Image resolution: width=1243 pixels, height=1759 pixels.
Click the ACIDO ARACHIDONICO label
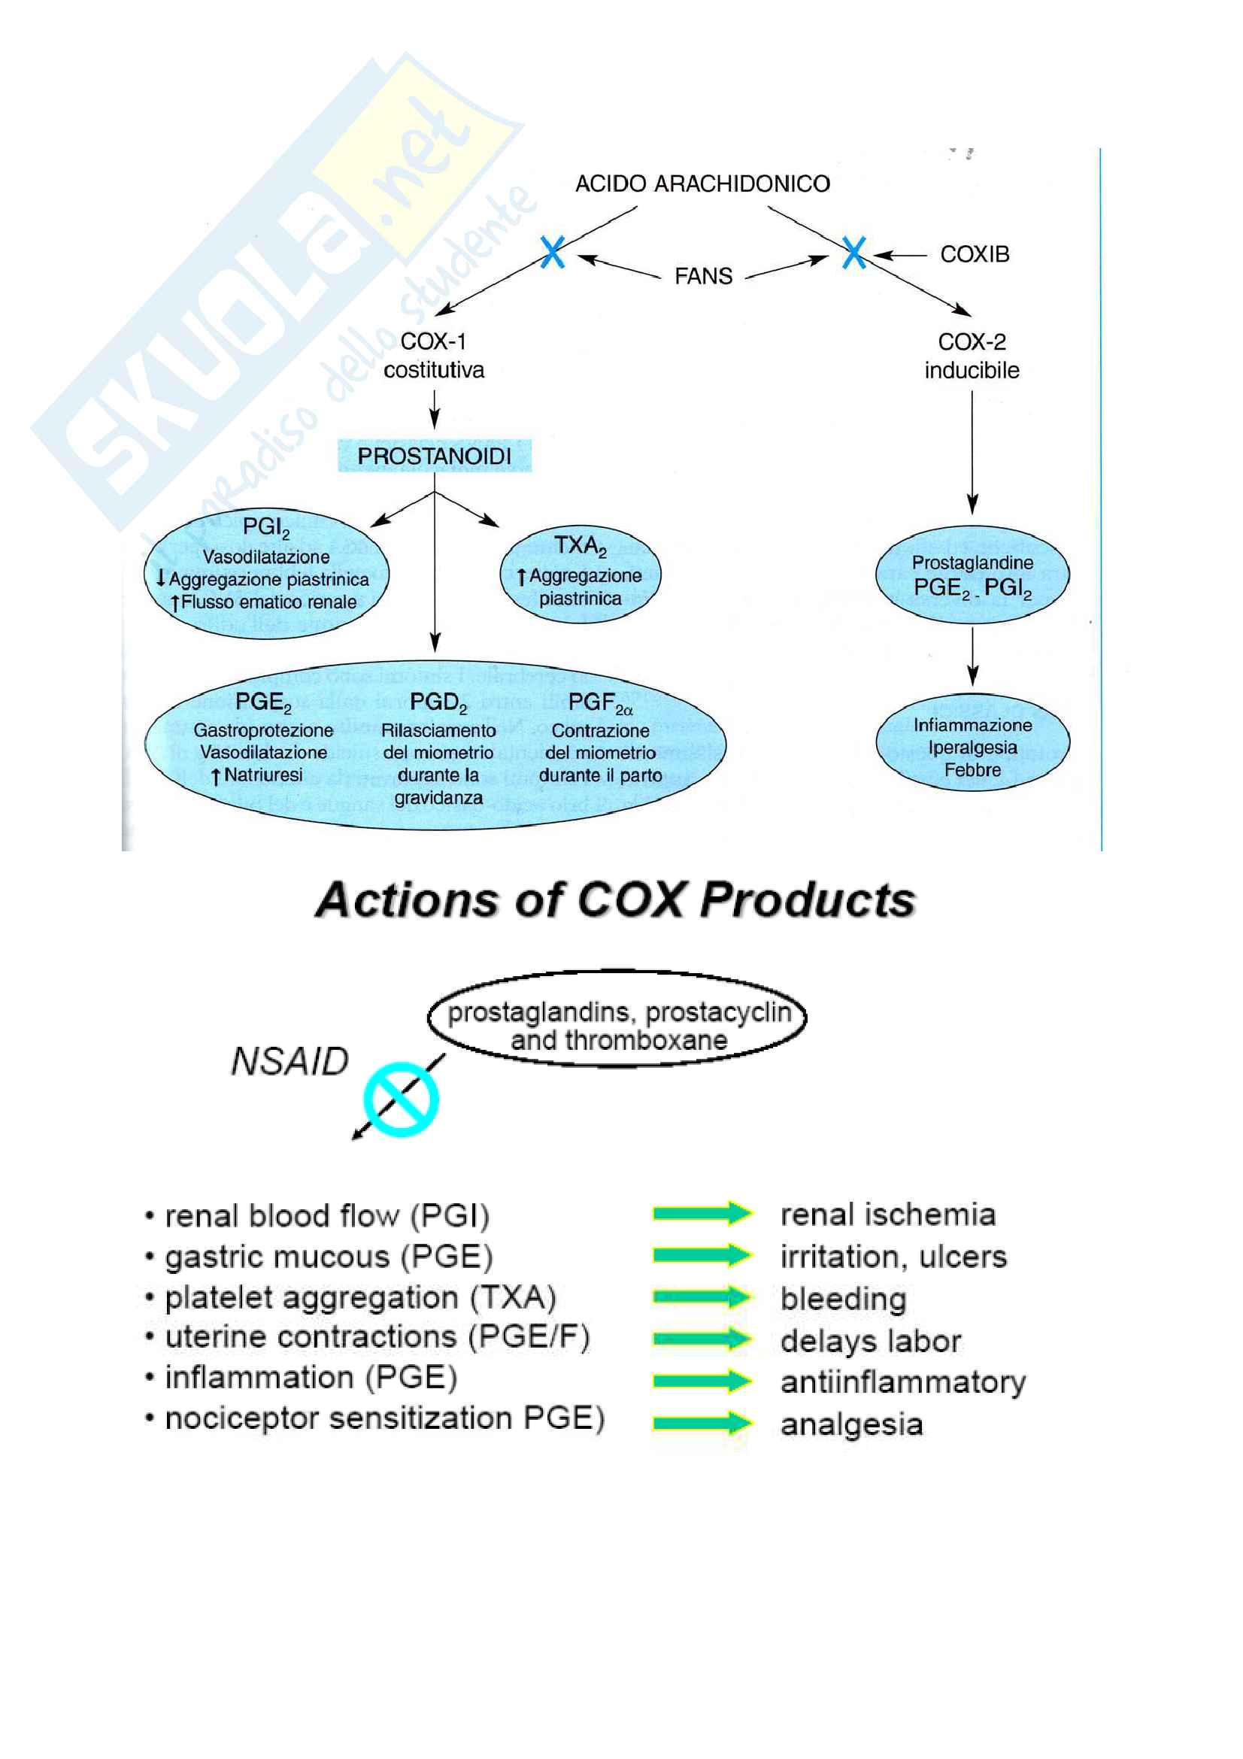(x=702, y=183)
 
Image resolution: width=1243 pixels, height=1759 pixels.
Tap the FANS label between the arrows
(x=703, y=276)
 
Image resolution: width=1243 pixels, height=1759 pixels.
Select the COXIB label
(x=975, y=254)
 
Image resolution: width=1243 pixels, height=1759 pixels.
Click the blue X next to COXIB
(x=853, y=252)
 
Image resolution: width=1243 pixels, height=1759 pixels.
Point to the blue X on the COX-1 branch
(x=552, y=252)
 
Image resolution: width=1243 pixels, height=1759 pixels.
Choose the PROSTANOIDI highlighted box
(x=434, y=456)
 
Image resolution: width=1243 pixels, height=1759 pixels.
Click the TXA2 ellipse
(x=581, y=574)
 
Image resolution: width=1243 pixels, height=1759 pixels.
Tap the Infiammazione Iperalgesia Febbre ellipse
(x=972, y=746)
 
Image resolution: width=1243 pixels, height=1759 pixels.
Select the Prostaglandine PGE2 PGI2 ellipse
(x=972, y=575)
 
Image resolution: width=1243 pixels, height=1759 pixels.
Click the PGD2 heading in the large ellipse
(x=438, y=702)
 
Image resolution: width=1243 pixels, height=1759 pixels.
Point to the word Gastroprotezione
(x=262, y=730)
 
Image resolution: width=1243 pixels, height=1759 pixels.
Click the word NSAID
(x=290, y=1062)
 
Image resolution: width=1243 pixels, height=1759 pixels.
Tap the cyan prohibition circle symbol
(x=401, y=1099)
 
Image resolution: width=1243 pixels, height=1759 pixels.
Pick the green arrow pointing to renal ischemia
(x=702, y=1213)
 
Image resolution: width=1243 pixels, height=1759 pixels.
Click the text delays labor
(x=870, y=1341)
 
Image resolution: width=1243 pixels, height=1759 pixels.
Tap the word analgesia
(x=851, y=1424)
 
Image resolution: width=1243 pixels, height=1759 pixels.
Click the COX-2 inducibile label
(x=971, y=356)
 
